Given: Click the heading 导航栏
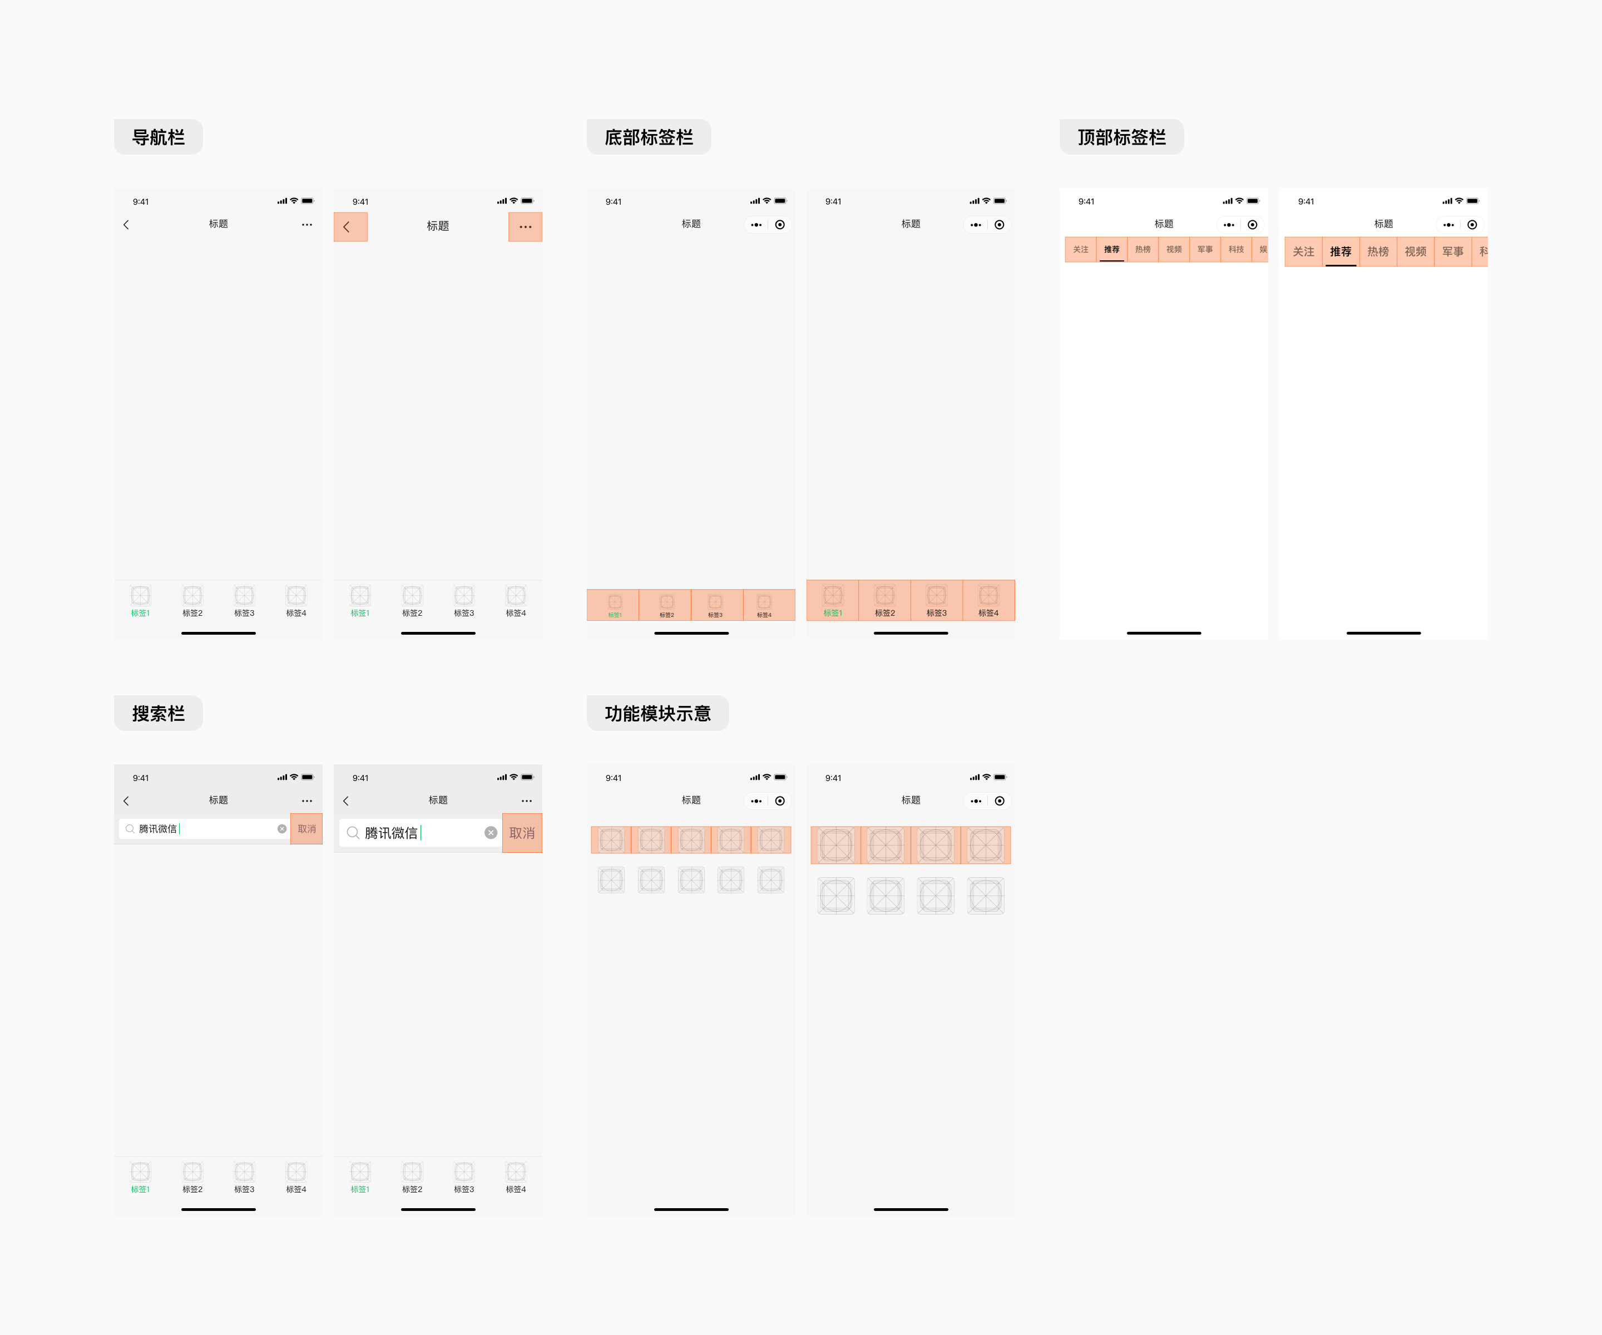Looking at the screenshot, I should tap(158, 137).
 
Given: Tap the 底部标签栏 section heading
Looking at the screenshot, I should tap(649, 137).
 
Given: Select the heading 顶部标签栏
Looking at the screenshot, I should tap(1121, 137).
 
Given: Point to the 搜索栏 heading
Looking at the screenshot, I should tap(158, 713).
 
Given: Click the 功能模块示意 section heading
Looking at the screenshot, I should tap(657, 713).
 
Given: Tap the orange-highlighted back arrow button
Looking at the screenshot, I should tap(350, 226).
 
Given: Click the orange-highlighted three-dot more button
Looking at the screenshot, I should tap(525, 226).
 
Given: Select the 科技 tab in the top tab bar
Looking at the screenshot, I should tap(1236, 249).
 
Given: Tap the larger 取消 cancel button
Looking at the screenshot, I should tap(522, 833).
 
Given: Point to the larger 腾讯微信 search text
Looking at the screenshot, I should tap(390, 833).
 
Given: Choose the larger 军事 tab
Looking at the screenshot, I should tap(1452, 252).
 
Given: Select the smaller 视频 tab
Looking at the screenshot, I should tap(1173, 249).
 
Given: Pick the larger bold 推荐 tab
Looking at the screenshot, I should tap(1341, 252).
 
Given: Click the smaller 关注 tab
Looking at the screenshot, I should tap(1080, 249).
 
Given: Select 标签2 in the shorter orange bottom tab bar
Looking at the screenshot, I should tap(666, 605).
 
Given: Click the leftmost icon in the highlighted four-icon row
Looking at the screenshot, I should tap(836, 845).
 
